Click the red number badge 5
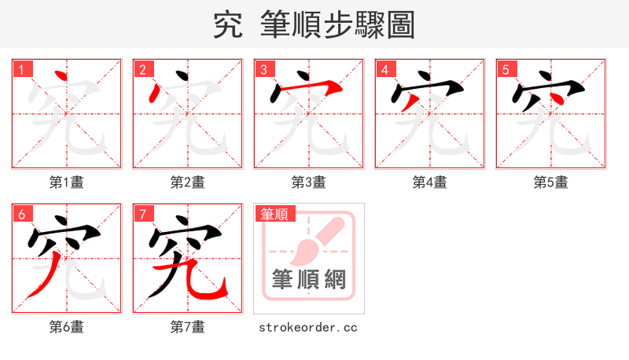click(506, 69)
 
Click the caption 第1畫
click(67, 182)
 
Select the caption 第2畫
click(188, 182)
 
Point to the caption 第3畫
click(309, 182)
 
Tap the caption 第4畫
click(430, 182)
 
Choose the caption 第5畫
click(551, 182)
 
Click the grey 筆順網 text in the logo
click(308, 279)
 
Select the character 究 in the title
click(229, 25)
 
